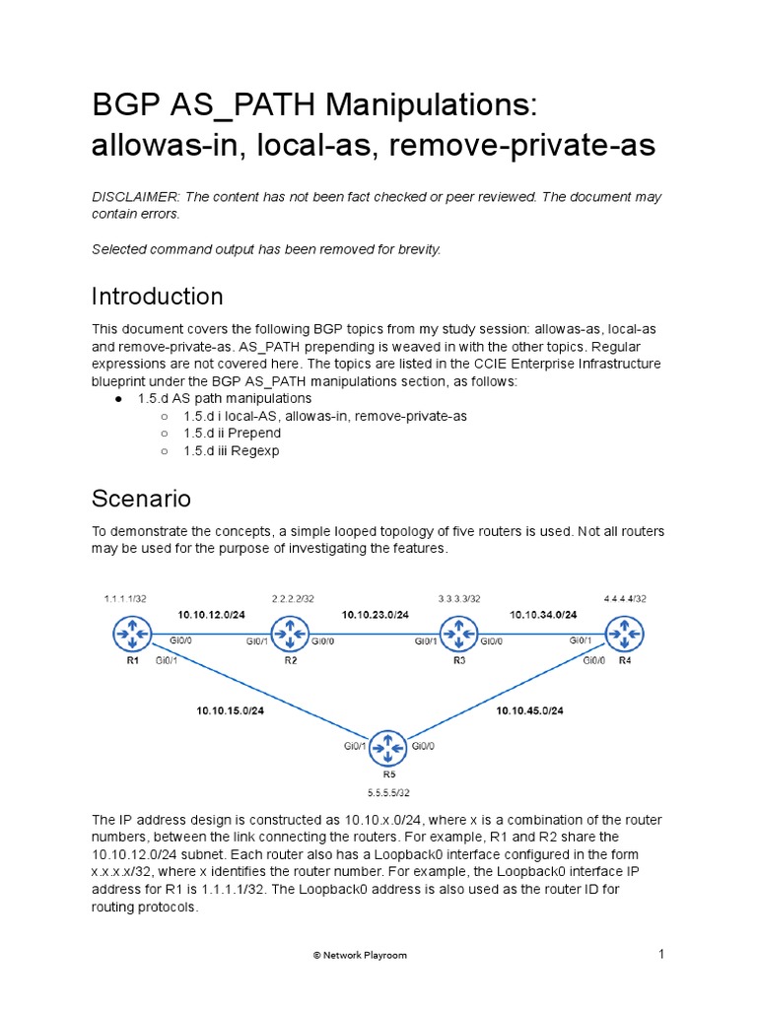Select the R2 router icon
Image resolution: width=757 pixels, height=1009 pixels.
[291, 632]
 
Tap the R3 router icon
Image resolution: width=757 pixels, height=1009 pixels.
[458, 632]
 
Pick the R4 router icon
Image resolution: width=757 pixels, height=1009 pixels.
[624, 632]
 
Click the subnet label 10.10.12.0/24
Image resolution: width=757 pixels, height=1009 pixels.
[211, 614]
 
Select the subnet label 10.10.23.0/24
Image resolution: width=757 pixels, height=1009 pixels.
[376, 614]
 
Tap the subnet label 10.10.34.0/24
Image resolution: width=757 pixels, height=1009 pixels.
[543, 614]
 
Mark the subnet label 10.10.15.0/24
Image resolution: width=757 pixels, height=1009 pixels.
[230, 710]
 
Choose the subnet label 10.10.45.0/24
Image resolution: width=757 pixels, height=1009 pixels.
[530, 710]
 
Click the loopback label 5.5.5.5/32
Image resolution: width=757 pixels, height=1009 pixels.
[388, 792]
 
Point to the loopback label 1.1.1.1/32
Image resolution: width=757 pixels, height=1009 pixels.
[125, 598]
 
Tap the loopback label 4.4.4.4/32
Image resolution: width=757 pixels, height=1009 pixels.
[625, 598]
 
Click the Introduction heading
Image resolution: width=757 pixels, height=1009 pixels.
[158, 297]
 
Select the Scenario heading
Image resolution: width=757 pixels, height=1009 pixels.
[141, 499]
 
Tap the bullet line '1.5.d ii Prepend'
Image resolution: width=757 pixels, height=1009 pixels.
[232, 434]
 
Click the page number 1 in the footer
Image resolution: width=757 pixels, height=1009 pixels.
[662, 953]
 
